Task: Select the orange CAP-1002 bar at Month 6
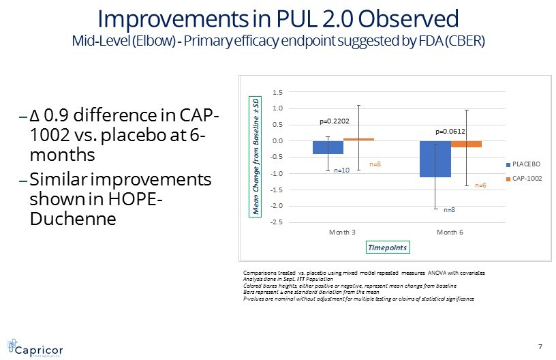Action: (466, 144)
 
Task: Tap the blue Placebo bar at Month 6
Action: (435, 159)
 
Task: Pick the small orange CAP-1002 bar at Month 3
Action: (358, 139)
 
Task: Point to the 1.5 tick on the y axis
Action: (277, 91)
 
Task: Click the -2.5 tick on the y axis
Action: (276, 222)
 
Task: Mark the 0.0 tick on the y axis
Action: (277, 141)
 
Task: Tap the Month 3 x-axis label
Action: (342, 232)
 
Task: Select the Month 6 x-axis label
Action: (450, 232)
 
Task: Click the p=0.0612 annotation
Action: (450, 130)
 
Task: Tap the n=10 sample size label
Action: (341, 170)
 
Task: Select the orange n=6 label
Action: (480, 185)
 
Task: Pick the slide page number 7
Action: (540, 346)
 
